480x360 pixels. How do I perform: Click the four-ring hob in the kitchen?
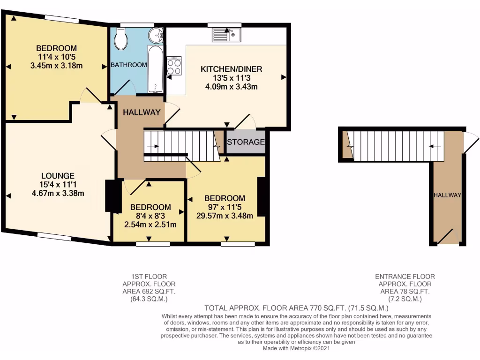tap(174, 66)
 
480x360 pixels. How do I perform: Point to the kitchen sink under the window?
tap(226, 34)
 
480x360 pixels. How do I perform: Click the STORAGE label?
tap(246, 142)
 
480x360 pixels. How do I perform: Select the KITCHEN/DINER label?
tap(231, 69)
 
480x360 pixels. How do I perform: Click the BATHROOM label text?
tap(129, 65)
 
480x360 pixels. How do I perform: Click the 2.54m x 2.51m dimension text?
tap(150, 225)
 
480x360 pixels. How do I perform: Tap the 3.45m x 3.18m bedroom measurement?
tap(56, 65)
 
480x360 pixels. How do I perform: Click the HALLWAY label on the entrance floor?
tap(447, 195)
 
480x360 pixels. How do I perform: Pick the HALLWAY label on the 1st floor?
tap(142, 112)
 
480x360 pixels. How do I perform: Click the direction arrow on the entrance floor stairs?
tap(436, 146)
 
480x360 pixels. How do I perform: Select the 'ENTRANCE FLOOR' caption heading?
tap(405, 277)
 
